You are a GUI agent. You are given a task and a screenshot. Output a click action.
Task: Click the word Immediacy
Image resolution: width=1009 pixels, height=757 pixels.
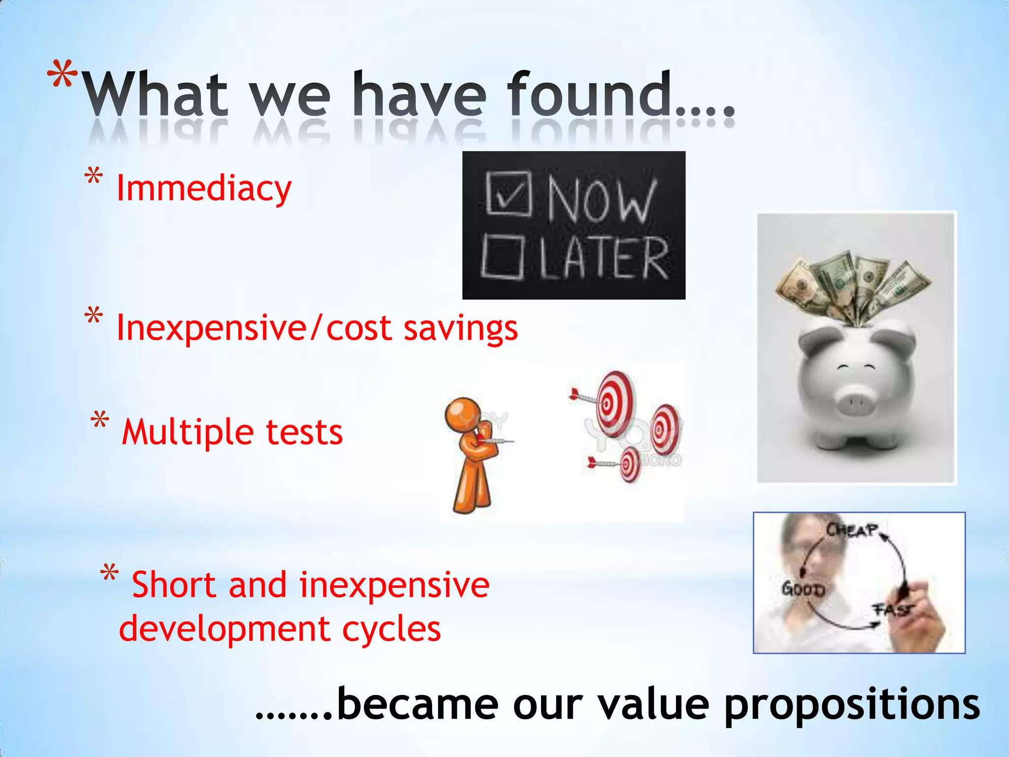(x=203, y=189)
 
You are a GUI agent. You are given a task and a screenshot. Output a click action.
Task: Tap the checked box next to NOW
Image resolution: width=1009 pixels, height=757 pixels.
(x=508, y=193)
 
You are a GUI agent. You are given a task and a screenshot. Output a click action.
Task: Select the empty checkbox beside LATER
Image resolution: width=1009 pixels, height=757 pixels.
(x=503, y=257)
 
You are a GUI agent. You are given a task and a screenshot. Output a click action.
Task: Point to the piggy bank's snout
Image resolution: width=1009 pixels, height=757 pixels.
(x=856, y=405)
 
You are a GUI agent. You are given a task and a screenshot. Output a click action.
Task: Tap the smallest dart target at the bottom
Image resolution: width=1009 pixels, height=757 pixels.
(x=629, y=464)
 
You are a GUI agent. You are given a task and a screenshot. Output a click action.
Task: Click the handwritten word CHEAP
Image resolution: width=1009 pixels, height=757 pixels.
(x=852, y=530)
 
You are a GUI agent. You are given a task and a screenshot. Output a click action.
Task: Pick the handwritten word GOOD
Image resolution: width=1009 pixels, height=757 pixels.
(x=803, y=589)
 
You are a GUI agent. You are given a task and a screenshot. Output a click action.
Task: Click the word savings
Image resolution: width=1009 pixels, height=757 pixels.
(x=461, y=329)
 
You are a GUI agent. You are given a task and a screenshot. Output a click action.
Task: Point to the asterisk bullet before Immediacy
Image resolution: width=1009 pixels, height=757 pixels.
(x=94, y=177)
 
